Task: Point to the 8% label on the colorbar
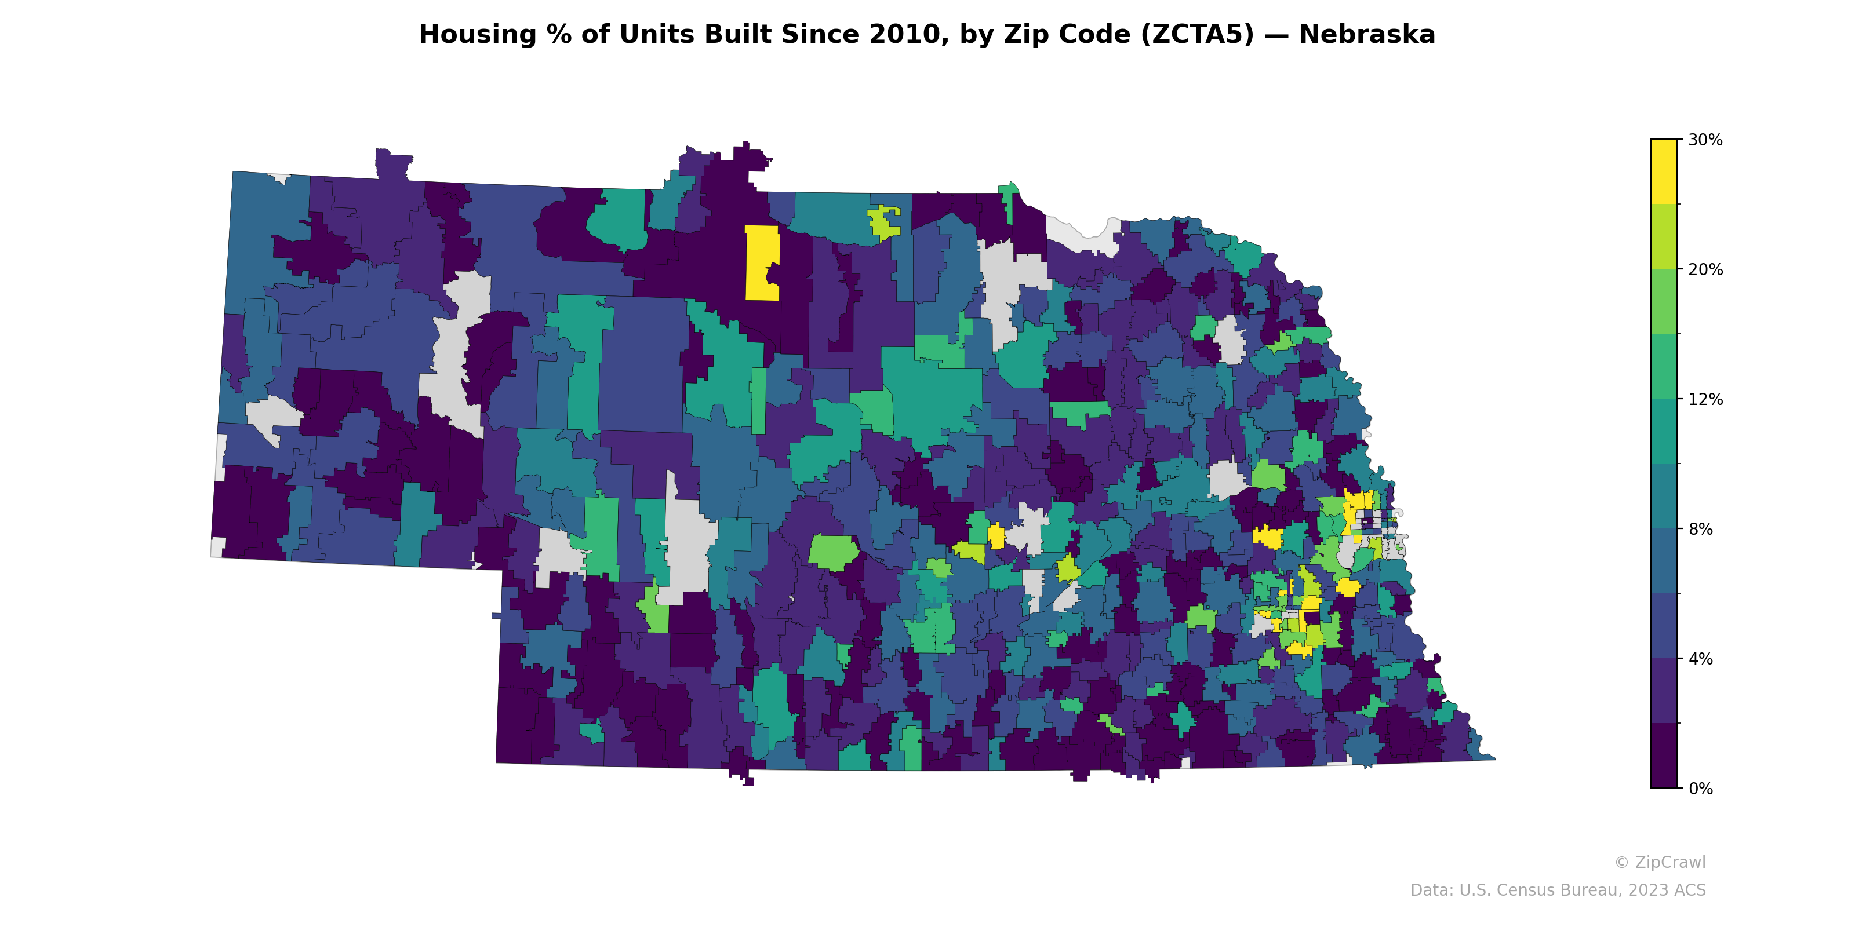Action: [1701, 529]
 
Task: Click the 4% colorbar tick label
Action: [1701, 659]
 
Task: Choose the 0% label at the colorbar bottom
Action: [1701, 788]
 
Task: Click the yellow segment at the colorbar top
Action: [1664, 171]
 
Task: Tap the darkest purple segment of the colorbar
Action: [1664, 756]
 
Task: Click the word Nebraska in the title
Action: [1367, 35]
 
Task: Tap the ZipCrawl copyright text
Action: [1660, 862]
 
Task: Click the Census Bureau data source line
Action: [1558, 890]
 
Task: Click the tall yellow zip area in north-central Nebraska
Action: [761, 262]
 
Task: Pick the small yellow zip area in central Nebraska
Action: [996, 536]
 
